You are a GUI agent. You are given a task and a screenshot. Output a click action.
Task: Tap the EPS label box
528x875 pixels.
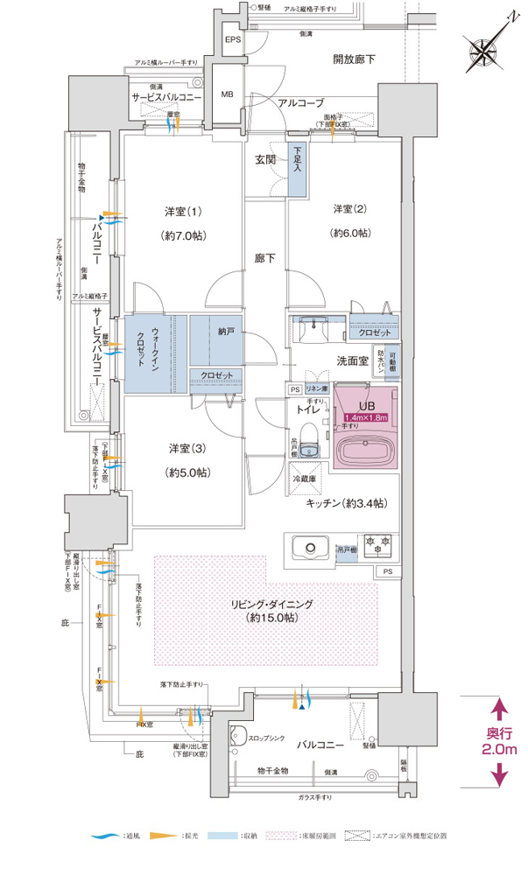232,41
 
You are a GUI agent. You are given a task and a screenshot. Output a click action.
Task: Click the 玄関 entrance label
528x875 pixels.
265,159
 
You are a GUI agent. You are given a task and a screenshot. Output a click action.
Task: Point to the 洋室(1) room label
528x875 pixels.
182,212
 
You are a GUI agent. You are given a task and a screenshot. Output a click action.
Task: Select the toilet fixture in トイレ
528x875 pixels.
306,449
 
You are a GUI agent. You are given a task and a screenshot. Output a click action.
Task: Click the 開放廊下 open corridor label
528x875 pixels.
354,59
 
